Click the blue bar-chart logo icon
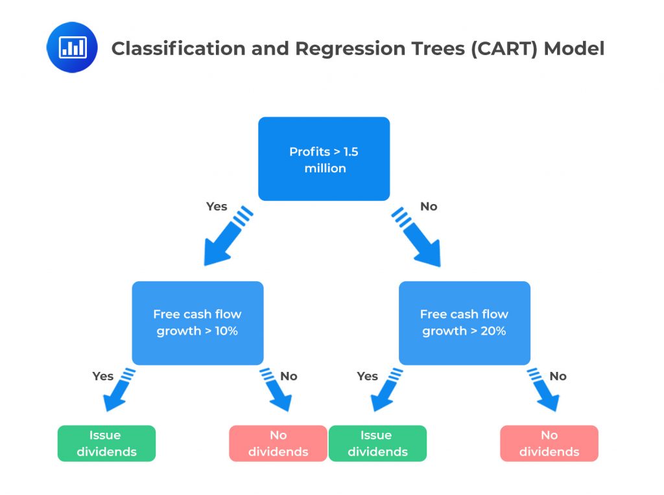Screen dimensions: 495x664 coord(72,47)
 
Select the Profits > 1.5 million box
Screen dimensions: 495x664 coord(324,159)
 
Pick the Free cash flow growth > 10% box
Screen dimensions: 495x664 coord(198,323)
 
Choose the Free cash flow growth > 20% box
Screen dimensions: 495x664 coord(464,323)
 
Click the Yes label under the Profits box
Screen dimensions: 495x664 coord(217,207)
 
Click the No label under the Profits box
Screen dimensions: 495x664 coord(429,207)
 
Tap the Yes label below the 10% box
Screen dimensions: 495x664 coord(103,376)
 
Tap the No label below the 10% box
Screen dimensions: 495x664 coord(289,376)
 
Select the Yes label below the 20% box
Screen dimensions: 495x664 coord(368,376)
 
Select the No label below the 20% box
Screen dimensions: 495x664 coord(558,376)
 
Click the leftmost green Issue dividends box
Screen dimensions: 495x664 coord(106,443)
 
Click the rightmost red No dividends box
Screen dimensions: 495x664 coord(549,443)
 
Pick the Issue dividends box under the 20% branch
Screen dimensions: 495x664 coord(377,443)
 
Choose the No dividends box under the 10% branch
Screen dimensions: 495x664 coord(278,443)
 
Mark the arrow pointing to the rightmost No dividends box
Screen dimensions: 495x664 coord(543,393)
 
